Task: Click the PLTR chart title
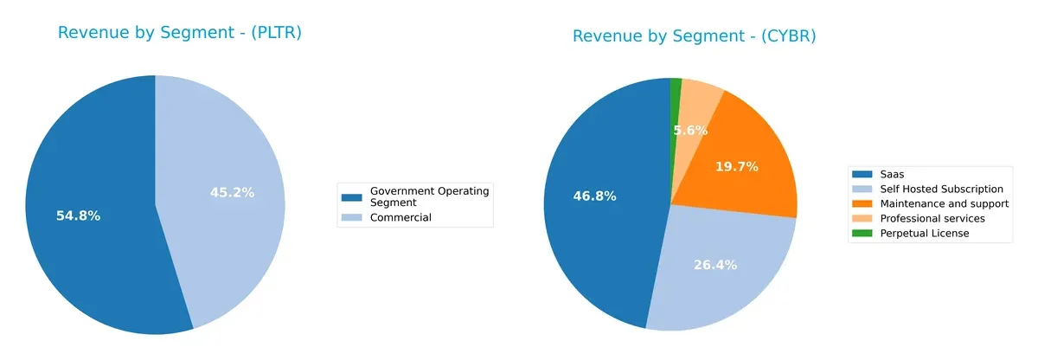click(179, 33)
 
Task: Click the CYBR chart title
click(694, 36)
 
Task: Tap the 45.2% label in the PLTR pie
click(232, 192)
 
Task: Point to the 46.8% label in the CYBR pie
click(594, 196)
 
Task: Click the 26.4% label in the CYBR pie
click(714, 265)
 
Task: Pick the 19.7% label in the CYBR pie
click(736, 166)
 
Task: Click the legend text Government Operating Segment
click(429, 196)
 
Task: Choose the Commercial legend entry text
click(400, 218)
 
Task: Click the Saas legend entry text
click(893, 174)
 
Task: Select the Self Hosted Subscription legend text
click(941, 189)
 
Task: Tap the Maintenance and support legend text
click(944, 203)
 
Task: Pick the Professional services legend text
click(932, 218)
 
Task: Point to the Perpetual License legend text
click(924, 233)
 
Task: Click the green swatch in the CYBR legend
click(863, 233)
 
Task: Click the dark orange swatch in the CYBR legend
click(863, 203)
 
